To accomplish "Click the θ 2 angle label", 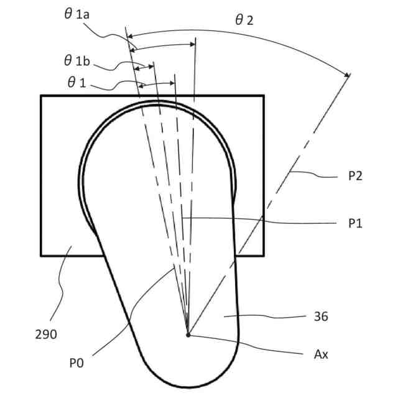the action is [244, 20].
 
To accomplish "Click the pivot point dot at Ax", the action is [188, 335].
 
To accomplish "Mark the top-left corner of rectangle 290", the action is [41, 96].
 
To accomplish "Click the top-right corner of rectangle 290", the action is [264, 96].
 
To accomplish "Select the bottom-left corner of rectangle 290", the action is [41, 255].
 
